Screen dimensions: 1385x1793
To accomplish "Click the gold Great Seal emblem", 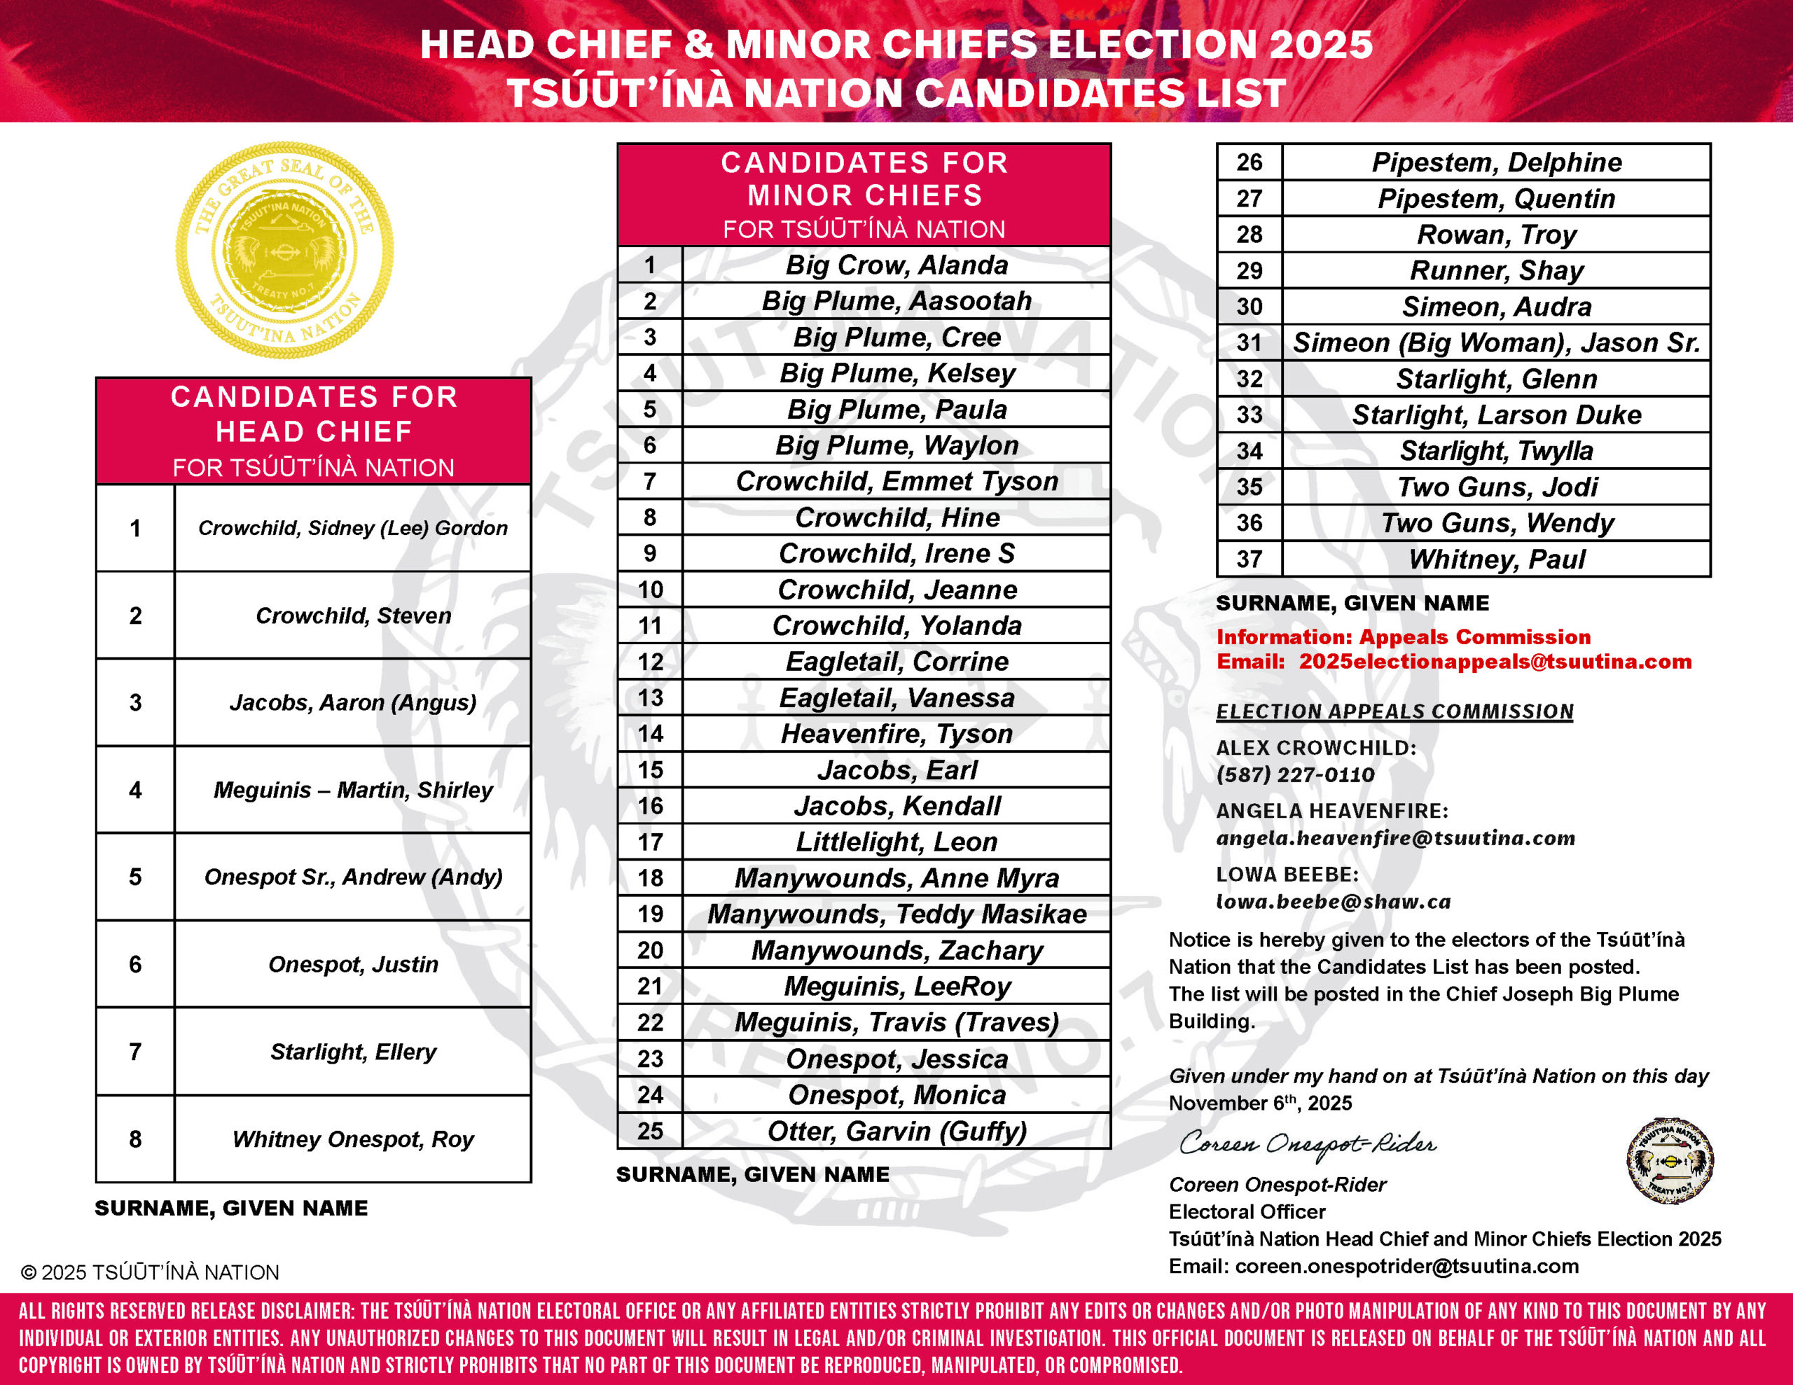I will coord(284,251).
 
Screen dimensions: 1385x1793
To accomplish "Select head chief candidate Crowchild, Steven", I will coord(353,615).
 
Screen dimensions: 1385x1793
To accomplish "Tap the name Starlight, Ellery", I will coord(353,1052).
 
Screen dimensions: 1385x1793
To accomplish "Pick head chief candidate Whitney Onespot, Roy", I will coord(353,1139).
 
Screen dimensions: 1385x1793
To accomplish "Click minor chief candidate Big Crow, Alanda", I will coord(896,265).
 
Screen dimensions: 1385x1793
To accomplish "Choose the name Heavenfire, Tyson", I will coord(896,734).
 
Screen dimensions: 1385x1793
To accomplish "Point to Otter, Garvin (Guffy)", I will coord(896,1132).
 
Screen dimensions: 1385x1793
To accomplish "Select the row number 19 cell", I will coord(650,914).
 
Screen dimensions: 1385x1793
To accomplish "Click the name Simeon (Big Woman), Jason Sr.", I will coord(1496,343).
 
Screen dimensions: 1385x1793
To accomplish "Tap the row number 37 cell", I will coord(1249,559).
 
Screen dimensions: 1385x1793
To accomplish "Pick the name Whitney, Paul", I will coord(1496,559).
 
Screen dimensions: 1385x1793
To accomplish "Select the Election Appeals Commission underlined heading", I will coord(1394,712).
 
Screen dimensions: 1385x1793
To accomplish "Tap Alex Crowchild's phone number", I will coord(1294,774).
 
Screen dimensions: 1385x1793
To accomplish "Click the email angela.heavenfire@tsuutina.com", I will coord(1395,838).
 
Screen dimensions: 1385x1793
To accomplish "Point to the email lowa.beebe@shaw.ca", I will coord(1332,901).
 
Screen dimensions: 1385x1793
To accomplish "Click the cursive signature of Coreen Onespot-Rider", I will coord(1307,1143).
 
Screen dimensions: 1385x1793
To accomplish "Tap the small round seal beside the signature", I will coord(1669,1160).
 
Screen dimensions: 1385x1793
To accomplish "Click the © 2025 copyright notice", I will coord(151,1272).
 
